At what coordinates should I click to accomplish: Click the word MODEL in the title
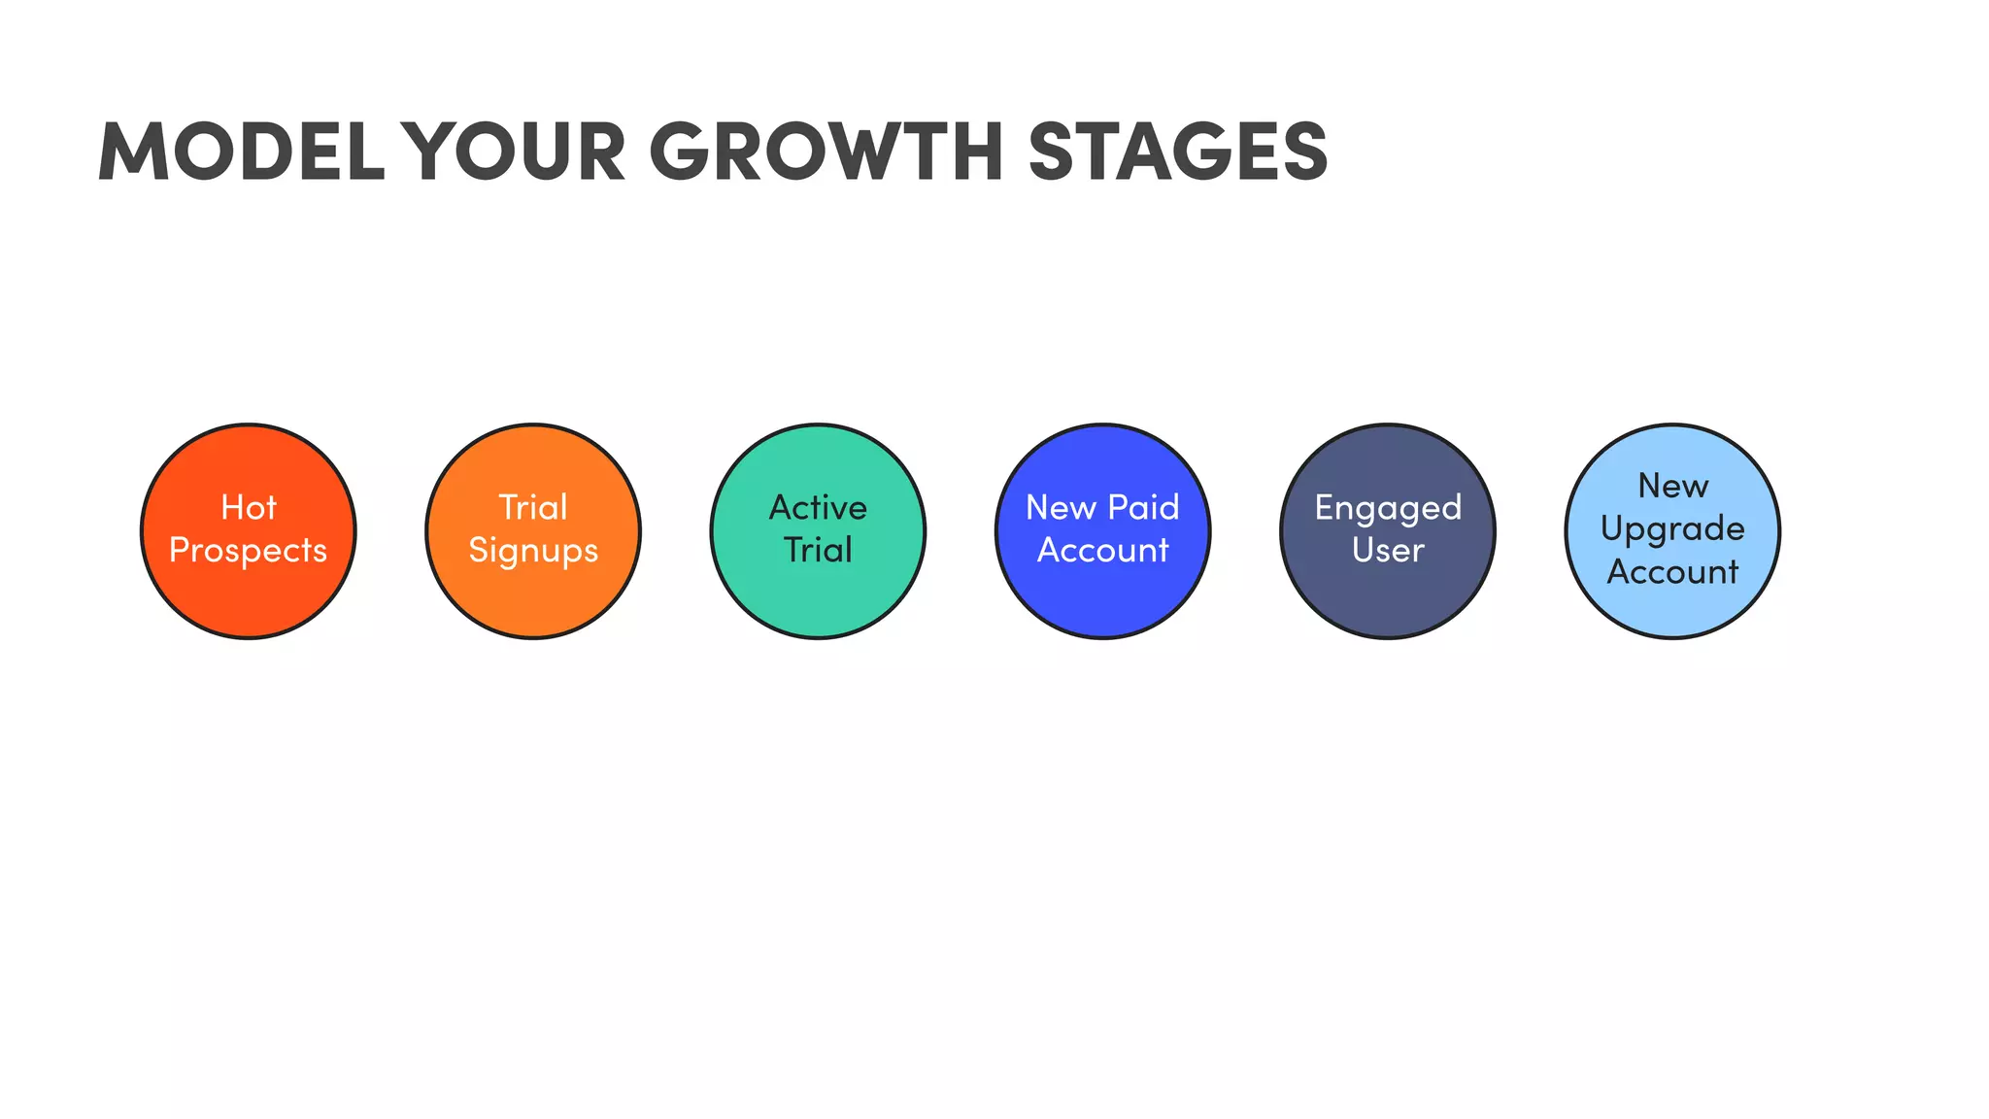pyautogui.click(x=242, y=152)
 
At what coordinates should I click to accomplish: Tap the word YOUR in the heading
pyautogui.click(x=514, y=152)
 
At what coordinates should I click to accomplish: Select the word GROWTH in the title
pyautogui.click(x=826, y=152)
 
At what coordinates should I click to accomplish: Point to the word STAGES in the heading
pyautogui.click(x=1177, y=152)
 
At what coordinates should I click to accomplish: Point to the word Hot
pyautogui.click(x=249, y=508)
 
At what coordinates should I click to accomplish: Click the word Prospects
pyautogui.click(x=249, y=551)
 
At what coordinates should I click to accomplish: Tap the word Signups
pyautogui.click(x=533, y=551)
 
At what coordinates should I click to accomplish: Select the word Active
pyautogui.click(x=818, y=508)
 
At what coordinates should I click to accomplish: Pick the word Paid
pyautogui.click(x=1143, y=508)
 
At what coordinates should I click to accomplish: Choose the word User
pyautogui.click(x=1388, y=551)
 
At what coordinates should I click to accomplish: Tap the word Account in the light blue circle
pyautogui.click(x=1672, y=572)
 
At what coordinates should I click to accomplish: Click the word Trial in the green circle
pyautogui.click(x=818, y=551)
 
